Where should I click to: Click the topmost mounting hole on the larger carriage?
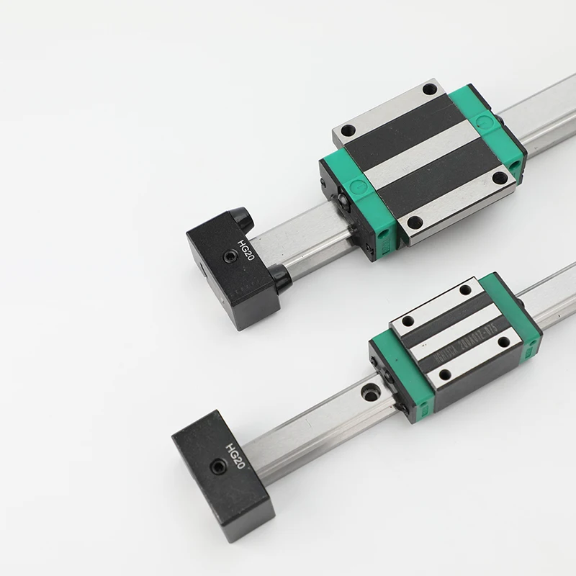[x=430, y=89]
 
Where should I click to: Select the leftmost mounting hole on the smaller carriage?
[x=408, y=321]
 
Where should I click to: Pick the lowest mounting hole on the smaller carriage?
[x=446, y=374]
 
